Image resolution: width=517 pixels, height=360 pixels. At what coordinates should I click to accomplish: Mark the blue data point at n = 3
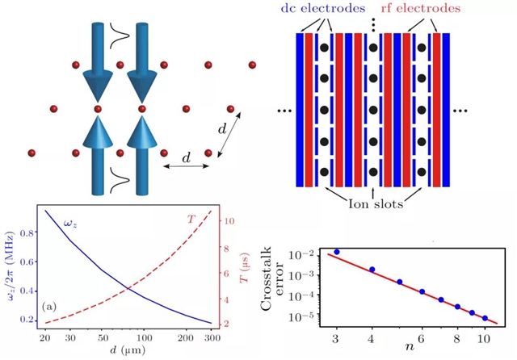tap(336, 252)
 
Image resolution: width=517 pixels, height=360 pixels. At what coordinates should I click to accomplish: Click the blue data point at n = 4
tap(372, 270)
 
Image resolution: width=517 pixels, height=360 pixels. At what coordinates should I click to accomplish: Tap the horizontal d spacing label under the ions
tap(187, 161)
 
